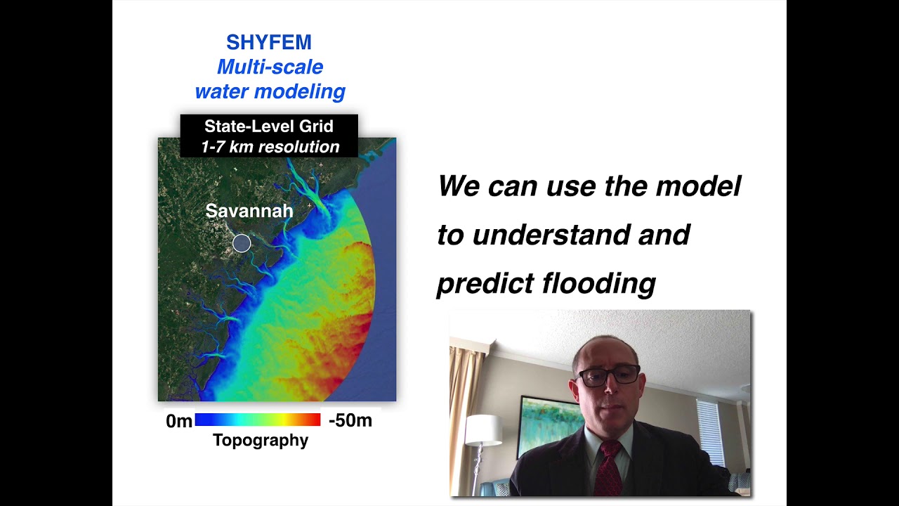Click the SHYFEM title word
269,42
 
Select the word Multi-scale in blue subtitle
270,67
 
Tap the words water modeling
270,91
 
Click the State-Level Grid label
269,126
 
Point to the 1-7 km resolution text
270,147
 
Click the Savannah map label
249,211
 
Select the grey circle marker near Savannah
242,243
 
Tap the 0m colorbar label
178,421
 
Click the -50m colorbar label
350,420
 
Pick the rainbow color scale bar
257,420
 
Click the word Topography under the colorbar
261,441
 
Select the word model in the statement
698,186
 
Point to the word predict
485,283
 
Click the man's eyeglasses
608,375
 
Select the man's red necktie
608,467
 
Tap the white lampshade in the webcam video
483,429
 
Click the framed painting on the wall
549,423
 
